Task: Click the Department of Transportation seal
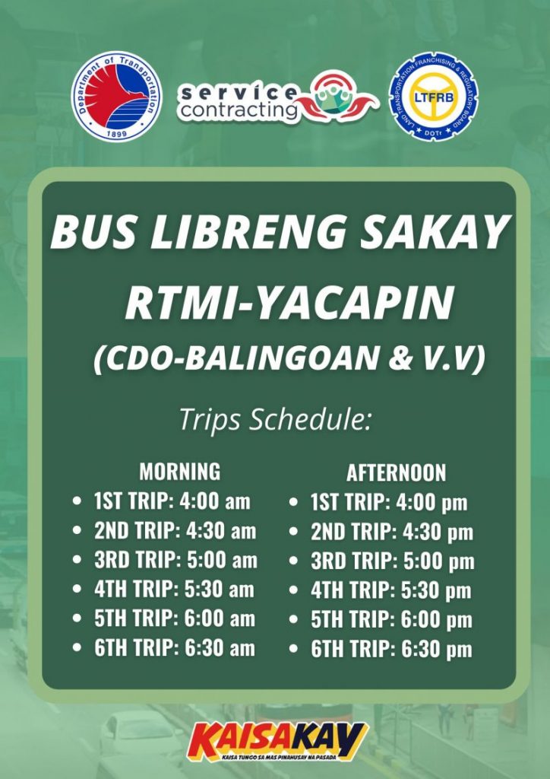[x=116, y=97]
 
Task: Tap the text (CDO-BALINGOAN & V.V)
[x=289, y=358]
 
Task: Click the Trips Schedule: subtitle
[x=275, y=420]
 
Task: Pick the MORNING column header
[x=180, y=471]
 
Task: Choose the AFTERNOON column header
[x=397, y=472]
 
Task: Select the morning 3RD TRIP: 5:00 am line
[x=176, y=560]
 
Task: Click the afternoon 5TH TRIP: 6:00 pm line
[x=391, y=620]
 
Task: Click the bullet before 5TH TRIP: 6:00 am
[x=77, y=618]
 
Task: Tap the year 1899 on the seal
[x=116, y=133]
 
